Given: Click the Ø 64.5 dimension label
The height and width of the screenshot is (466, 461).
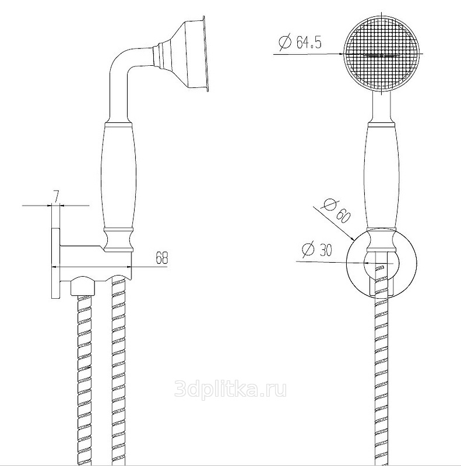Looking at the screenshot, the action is tap(300, 42).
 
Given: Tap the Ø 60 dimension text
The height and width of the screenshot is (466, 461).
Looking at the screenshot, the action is tap(337, 211).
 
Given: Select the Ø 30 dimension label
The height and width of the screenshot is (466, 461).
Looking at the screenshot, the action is tap(316, 250).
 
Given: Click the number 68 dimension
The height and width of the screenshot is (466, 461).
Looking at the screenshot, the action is tap(162, 257).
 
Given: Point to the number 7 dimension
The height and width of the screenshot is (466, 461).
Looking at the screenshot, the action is tap(56, 197).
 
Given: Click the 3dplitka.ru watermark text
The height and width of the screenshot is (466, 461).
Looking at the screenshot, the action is tap(231, 389).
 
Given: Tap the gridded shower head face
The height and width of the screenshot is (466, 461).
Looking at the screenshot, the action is tap(382, 54).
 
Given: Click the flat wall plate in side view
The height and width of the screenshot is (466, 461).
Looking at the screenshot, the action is tap(56, 263).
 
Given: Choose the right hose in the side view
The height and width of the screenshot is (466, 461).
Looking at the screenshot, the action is tap(119, 372).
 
